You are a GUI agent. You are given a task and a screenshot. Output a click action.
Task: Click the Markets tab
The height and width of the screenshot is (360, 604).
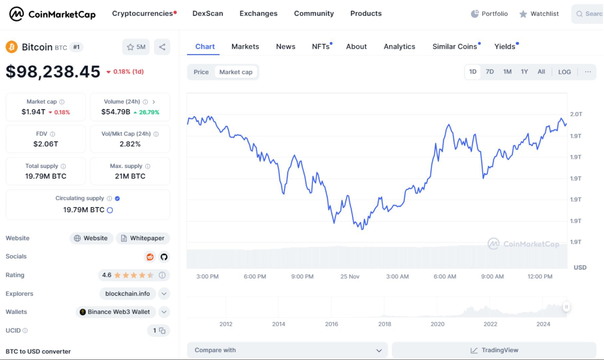click(x=245, y=47)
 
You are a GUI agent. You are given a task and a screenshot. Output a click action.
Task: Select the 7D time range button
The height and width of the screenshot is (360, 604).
click(x=489, y=72)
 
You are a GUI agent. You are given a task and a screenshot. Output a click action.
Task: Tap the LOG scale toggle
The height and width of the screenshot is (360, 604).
click(x=564, y=72)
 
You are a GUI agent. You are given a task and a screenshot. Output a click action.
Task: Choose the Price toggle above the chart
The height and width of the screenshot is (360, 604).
click(x=201, y=72)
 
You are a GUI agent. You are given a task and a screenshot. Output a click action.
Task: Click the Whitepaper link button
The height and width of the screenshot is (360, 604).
click(x=143, y=238)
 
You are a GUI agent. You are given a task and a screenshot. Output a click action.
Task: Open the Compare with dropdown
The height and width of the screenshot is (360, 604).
click(x=287, y=350)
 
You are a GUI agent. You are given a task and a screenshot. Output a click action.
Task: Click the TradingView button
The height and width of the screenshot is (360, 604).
click(x=494, y=350)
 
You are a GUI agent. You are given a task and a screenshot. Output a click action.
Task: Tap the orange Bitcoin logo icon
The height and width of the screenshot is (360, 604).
click(x=12, y=47)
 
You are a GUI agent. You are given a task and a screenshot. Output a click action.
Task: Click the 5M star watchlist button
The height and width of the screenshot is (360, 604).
click(x=136, y=47)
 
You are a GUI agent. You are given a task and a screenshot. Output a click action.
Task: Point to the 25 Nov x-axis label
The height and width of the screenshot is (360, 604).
click(x=350, y=276)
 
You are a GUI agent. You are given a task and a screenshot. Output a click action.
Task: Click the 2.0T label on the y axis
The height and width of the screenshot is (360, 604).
click(x=576, y=114)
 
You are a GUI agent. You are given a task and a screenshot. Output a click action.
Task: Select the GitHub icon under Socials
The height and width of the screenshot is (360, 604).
click(x=164, y=257)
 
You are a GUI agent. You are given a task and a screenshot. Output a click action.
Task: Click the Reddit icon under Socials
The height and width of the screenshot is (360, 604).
click(x=150, y=257)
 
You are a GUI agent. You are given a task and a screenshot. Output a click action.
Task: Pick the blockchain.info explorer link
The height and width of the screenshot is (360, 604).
click(x=128, y=294)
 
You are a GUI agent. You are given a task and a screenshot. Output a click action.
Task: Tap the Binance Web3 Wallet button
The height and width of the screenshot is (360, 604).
click(x=115, y=312)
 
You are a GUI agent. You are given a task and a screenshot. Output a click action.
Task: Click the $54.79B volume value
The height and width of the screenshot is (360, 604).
click(x=116, y=112)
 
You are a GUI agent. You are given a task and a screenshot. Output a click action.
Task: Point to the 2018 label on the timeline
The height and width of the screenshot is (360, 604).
click(x=384, y=324)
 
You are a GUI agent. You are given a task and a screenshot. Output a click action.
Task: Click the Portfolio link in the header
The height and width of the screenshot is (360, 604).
click(x=489, y=14)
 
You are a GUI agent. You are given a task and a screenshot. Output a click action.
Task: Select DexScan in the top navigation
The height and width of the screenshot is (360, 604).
click(x=208, y=14)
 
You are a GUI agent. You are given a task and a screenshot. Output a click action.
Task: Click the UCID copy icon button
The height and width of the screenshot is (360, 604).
click(x=162, y=331)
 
